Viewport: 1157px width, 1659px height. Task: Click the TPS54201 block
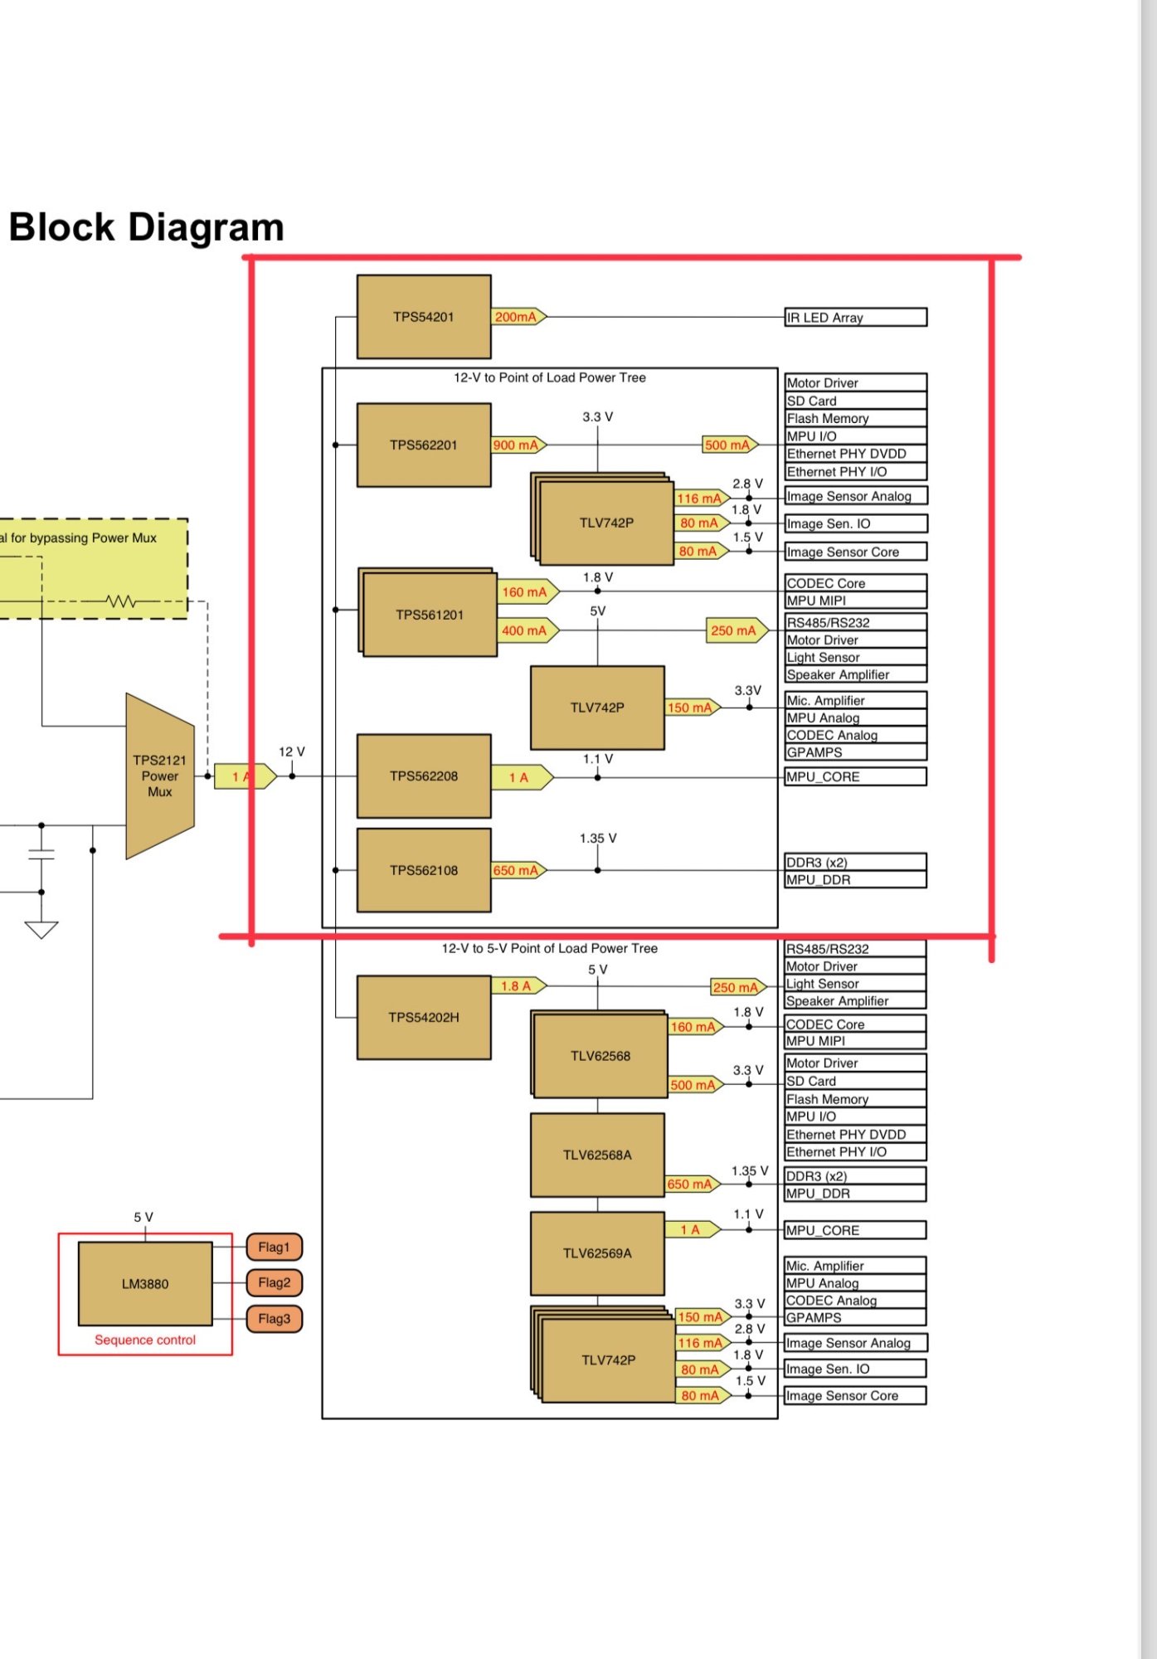pos(424,317)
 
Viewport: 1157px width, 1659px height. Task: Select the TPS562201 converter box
pos(424,445)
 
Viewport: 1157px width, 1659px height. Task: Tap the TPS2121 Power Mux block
pos(160,776)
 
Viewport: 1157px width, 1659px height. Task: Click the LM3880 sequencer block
pos(145,1283)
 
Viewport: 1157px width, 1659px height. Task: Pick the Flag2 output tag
pos(275,1282)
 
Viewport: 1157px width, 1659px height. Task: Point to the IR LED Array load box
pos(856,317)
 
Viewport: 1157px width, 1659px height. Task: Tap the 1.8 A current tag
pos(519,985)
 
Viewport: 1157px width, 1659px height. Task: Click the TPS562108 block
pos(424,870)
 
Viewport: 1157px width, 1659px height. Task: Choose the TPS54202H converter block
pos(424,1017)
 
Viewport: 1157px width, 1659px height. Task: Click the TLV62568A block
pos(597,1155)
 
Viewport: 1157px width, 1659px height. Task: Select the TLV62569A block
pos(597,1253)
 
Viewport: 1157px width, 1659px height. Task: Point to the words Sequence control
pos(145,1340)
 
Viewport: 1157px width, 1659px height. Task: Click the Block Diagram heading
pos(147,227)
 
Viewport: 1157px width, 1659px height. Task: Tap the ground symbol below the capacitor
pos(41,930)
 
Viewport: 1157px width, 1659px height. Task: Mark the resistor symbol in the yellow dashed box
pos(121,601)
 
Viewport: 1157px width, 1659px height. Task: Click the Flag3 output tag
pos(275,1318)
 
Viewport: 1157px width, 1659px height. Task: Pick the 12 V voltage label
pos(291,752)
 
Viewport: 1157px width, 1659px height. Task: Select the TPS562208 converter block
pos(424,776)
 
